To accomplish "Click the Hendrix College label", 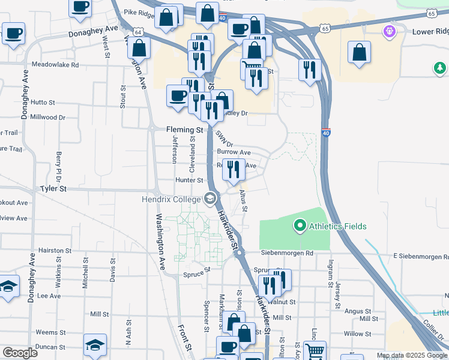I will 171,199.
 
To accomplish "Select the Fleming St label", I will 185,130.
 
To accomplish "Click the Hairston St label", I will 55,251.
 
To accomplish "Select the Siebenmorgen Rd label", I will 288,254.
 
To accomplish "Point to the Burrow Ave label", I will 234,152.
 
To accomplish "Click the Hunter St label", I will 190,180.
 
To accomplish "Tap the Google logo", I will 19,353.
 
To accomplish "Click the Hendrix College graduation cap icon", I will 210,197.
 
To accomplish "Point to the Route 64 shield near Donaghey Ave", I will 139,32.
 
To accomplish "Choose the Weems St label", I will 46,332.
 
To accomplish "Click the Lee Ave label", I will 49,296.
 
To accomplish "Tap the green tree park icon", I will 441,68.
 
